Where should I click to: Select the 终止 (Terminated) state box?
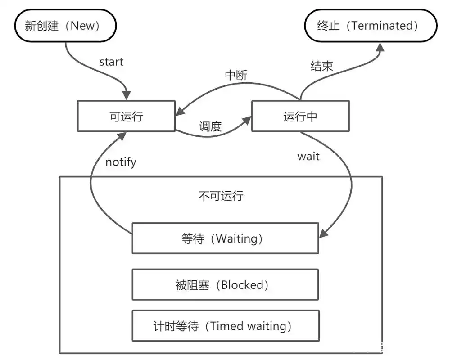[370, 26]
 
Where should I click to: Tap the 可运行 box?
[126, 117]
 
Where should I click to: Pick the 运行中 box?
[300, 117]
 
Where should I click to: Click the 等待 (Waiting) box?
[225, 238]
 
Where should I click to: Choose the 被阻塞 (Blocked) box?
[225, 285]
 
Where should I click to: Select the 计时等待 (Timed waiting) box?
[225, 326]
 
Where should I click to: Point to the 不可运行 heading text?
[221, 196]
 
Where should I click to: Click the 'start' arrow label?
[111, 62]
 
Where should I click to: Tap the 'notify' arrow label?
[121, 162]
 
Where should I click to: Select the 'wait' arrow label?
[308, 157]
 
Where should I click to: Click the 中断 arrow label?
[236, 75]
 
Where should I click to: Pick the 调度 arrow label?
[210, 127]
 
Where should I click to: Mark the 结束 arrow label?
[322, 66]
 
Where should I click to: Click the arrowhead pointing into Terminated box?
[381, 48]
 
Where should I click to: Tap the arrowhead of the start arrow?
[127, 95]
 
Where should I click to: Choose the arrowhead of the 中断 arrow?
[180, 111]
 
